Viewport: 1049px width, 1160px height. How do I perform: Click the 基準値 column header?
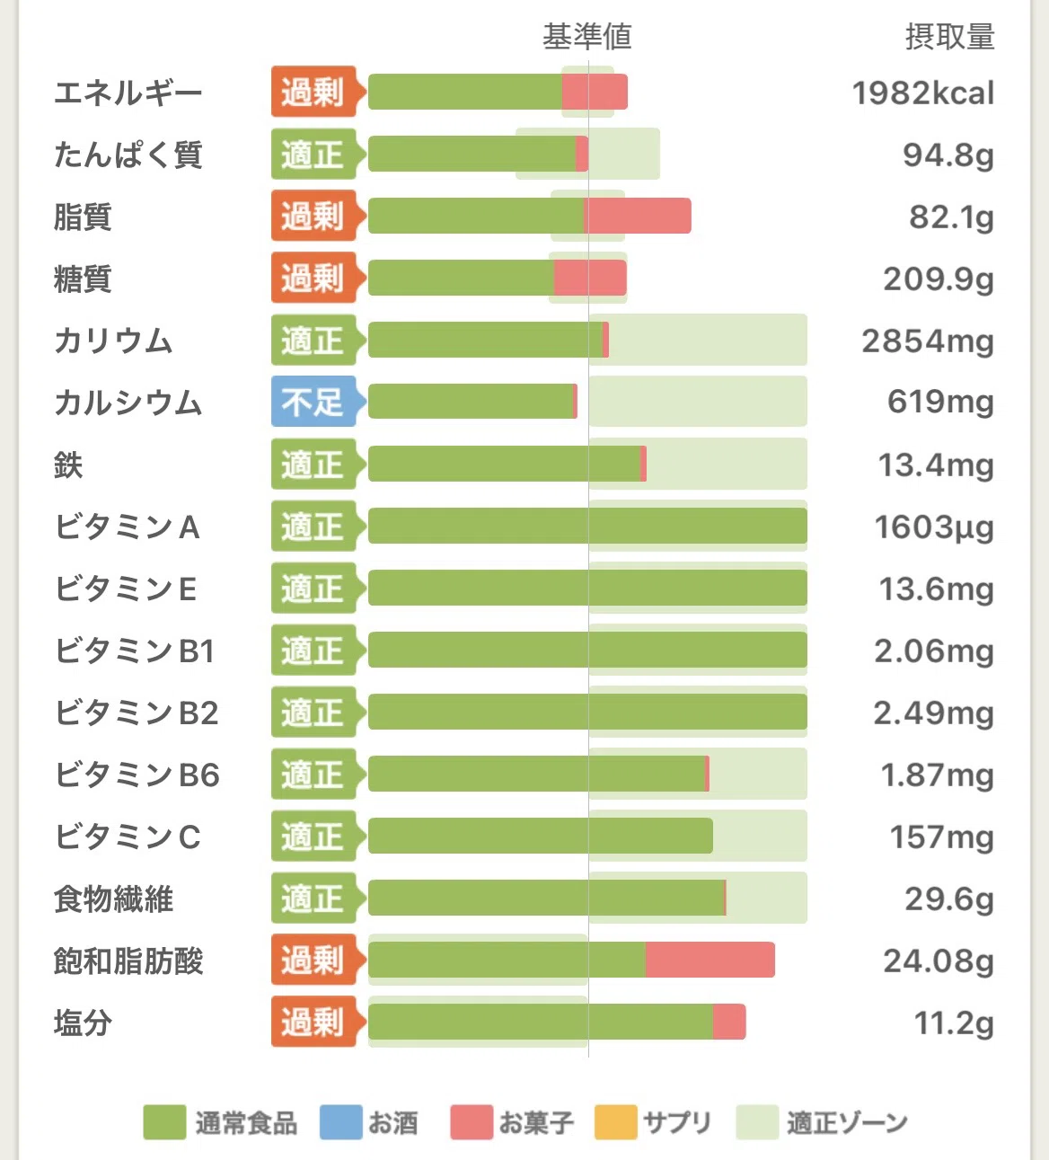tap(586, 37)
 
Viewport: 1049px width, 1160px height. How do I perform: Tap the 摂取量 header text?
tap(949, 37)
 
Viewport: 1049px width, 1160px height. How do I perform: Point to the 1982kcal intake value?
tap(923, 93)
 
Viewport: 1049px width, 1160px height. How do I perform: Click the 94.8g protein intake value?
tap(949, 155)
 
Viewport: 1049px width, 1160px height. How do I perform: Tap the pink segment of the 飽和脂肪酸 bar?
tap(710, 960)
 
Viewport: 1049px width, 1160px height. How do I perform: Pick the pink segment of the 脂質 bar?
tap(638, 216)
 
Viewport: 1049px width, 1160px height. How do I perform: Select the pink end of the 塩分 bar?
tap(729, 1022)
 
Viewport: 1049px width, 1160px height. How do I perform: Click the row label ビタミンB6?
tap(137, 775)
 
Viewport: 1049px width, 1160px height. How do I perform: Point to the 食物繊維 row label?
tap(113, 899)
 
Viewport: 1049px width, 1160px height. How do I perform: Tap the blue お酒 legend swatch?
tap(341, 1122)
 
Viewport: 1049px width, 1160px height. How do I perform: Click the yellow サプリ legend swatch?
tap(616, 1122)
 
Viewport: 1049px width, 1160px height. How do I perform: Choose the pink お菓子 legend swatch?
tap(472, 1122)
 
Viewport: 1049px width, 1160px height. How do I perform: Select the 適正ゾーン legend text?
tap(847, 1122)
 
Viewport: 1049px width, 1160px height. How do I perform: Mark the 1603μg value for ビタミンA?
tap(935, 527)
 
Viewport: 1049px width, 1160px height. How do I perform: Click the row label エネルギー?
tap(128, 93)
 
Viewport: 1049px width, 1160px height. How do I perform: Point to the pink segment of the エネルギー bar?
tap(595, 92)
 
